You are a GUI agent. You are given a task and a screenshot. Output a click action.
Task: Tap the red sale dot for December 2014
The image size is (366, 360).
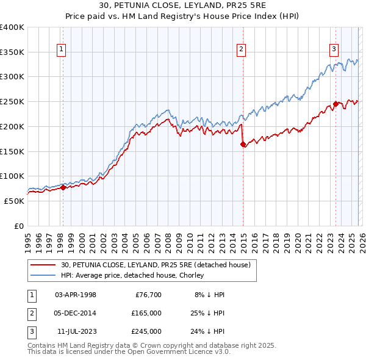pyautogui.click(x=243, y=145)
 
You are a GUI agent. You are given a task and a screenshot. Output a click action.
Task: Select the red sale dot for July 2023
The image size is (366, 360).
pyautogui.click(x=335, y=104)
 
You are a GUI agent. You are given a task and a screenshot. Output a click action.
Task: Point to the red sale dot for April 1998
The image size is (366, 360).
pyautogui.click(x=63, y=188)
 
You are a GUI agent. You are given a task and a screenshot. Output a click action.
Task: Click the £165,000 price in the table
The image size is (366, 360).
pyautogui.click(x=147, y=313)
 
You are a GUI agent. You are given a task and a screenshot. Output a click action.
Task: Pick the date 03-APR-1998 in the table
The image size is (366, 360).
pyautogui.click(x=76, y=295)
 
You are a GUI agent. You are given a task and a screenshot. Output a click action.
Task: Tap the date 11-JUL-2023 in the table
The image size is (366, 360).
pyautogui.click(x=76, y=331)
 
